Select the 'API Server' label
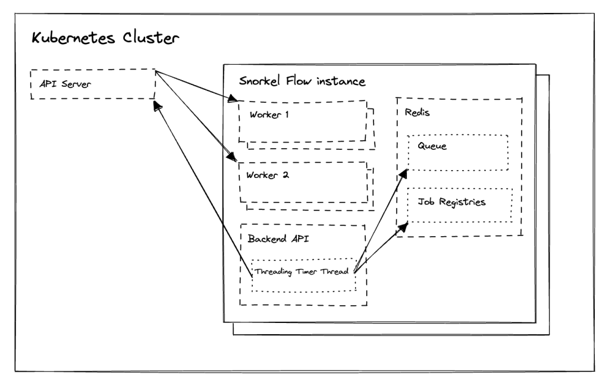click(65, 83)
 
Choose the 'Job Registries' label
click(451, 202)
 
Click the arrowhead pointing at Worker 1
click(234, 98)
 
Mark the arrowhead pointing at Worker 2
click(233, 158)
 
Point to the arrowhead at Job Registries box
click(404, 226)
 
